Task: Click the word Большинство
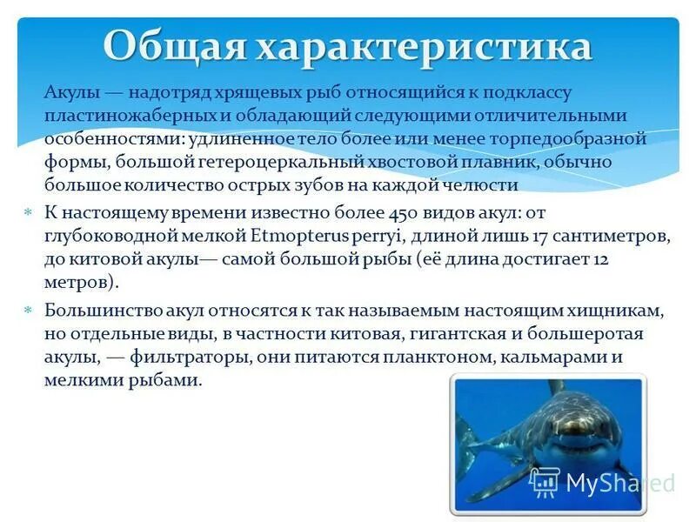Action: [99, 311]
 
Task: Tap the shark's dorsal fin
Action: [555, 385]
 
